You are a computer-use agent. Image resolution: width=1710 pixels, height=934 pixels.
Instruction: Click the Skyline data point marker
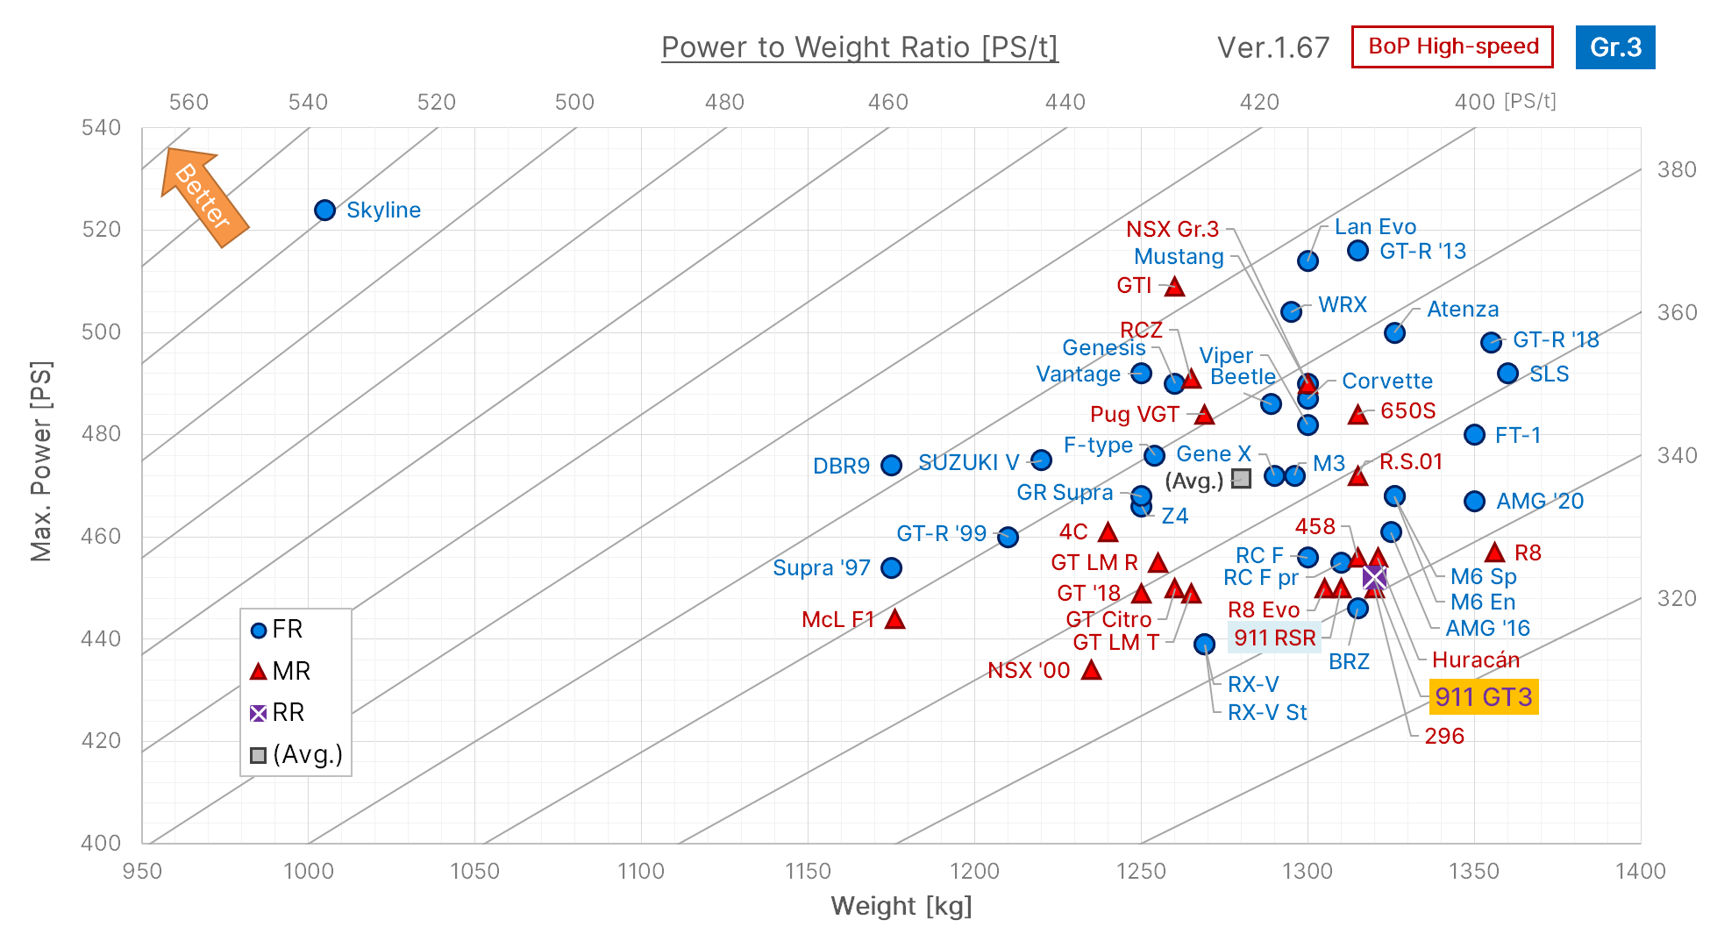point(324,210)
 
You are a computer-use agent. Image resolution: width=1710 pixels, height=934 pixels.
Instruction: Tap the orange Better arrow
point(204,197)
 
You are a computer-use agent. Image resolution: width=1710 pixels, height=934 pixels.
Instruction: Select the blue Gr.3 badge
point(1614,47)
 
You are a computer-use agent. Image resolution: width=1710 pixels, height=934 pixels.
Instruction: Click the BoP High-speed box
point(1452,47)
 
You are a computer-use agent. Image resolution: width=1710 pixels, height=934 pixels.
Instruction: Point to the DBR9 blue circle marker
point(891,466)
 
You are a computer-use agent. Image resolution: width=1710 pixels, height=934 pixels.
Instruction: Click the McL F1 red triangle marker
point(894,619)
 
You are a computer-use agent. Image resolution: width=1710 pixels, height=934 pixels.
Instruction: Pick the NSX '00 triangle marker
point(1091,670)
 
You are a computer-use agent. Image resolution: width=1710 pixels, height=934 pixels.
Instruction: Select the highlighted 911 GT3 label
point(1483,697)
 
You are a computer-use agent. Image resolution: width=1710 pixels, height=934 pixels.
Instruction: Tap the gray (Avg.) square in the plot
point(1241,479)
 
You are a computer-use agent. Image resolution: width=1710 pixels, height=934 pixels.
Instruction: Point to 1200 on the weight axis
point(974,871)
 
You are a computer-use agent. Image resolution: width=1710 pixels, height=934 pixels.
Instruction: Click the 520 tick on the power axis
point(101,230)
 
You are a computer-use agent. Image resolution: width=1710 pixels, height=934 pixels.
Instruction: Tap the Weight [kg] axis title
point(901,906)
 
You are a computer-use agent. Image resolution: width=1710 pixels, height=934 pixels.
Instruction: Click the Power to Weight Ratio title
point(859,47)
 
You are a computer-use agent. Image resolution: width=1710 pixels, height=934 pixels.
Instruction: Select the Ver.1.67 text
point(1272,47)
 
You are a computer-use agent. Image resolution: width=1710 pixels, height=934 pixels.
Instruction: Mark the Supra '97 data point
point(891,568)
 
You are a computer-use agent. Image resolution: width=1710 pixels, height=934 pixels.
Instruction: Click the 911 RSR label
point(1274,638)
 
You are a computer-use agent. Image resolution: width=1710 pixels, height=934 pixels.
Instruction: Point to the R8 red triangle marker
point(1494,553)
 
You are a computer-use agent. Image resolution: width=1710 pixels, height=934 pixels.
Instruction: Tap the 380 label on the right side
point(1676,169)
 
